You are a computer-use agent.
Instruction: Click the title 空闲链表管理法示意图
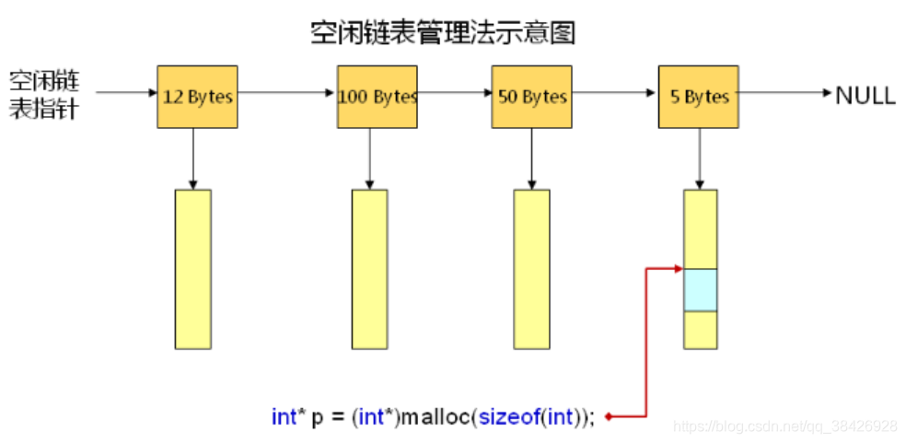(x=443, y=34)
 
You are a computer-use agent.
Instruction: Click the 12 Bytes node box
(x=197, y=97)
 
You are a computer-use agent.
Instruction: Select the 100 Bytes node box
(x=377, y=97)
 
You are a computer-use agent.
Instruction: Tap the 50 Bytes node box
(x=531, y=97)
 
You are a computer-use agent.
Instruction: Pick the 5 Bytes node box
(x=699, y=97)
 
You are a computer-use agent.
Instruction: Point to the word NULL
(x=865, y=95)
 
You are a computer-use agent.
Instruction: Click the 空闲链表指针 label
(x=43, y=93)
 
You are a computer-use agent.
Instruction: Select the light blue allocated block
(x=700, y=290)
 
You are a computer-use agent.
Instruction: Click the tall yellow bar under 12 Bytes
(x=193, y=269)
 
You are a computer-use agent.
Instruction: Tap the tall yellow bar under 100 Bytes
(x=369, y=269)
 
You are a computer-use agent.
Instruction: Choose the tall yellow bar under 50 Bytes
(x=531, y=269)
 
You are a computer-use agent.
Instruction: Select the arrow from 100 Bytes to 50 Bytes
(x=454, y=92)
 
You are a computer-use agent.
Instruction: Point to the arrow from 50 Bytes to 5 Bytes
(x=615, y=92)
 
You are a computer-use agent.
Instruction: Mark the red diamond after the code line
(x=609, y=417)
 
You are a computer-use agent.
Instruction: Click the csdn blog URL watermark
(x=785, y=426)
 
